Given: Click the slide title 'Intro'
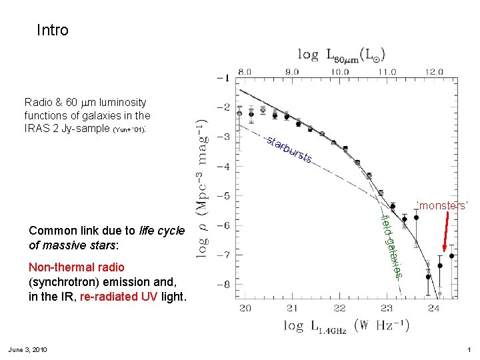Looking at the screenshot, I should tap(53, 30).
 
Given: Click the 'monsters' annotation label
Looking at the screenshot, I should tap(442, 205).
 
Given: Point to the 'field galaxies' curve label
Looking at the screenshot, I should tap(391, 245).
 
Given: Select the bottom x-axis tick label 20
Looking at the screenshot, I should tap(245, 308).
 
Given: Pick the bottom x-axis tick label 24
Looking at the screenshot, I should tap(434, 308).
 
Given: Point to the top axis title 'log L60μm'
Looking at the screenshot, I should tap(341, 53).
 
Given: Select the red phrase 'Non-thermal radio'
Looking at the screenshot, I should tap(77, 267).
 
